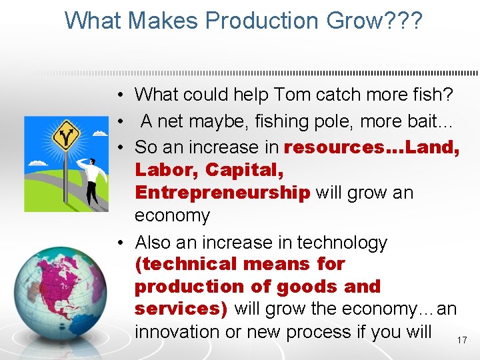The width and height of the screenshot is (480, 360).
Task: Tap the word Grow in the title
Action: (x=364, y=21)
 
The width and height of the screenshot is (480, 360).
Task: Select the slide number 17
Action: (x=462, y=341)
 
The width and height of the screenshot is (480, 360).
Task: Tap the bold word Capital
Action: (x=245, y=170)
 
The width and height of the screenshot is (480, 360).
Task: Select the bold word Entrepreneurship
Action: (x=222, y=193)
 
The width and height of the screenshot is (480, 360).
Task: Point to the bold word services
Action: (x=179, y=309)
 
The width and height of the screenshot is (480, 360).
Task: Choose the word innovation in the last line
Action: (x=177, y=331)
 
